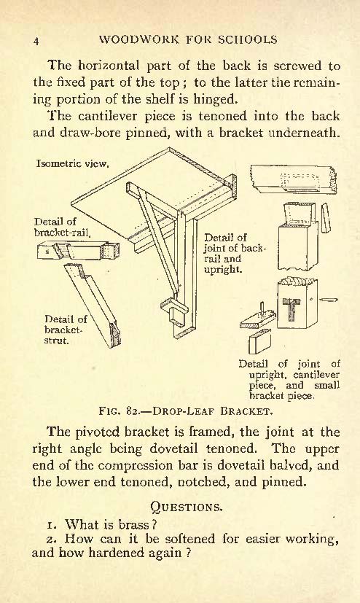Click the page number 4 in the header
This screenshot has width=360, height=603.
[36, 41]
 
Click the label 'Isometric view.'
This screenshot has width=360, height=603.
[73, 164]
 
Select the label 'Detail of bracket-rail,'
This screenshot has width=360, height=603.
[62, 227]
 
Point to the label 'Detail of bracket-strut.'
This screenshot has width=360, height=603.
[66, 330]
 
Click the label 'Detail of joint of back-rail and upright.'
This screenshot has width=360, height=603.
[235, 253]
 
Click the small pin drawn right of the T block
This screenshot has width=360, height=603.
[329, 300]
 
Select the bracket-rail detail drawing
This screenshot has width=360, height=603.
[79, 250]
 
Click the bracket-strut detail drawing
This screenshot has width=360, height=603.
[93, 306]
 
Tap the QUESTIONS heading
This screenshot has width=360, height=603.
[187, 507]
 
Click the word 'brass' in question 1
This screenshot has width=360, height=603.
[133, 524]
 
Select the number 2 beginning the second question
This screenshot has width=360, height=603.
[50, 539]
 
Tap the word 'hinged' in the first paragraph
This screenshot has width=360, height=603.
[214, 100]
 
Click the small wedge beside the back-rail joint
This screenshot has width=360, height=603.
[326, 218]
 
